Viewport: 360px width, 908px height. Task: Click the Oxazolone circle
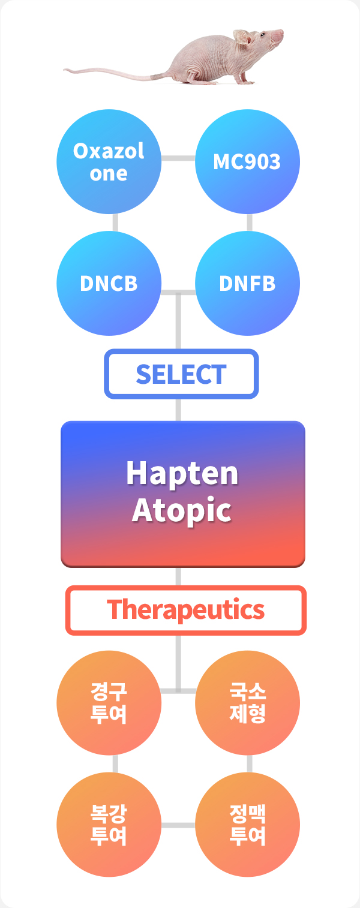[109, 161]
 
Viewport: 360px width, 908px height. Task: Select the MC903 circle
[247, 161]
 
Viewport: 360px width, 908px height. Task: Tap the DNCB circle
[109, 283]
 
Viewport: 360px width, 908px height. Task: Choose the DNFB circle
[247, 283]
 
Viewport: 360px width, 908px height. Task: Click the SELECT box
[181, 374]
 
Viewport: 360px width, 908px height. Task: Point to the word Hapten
[182, 473]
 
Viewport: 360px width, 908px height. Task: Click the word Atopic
[182, 510]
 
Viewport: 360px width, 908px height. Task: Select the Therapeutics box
[185, 610]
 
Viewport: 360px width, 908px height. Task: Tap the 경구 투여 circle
[109, 702]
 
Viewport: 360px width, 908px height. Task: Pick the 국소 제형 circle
[247, 702]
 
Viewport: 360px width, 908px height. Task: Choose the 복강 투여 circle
[109, 825]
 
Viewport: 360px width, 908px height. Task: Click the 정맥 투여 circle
[247, 825]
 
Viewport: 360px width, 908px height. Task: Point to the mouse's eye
[262, 34]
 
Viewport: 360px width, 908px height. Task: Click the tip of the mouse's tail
[64, 70]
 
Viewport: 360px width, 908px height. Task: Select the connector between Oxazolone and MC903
[178, 158]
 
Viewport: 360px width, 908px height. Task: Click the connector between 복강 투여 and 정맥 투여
[178, 825]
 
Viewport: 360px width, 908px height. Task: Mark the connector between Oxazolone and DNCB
[116, 223]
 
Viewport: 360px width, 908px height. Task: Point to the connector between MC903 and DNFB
[250, 223]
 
